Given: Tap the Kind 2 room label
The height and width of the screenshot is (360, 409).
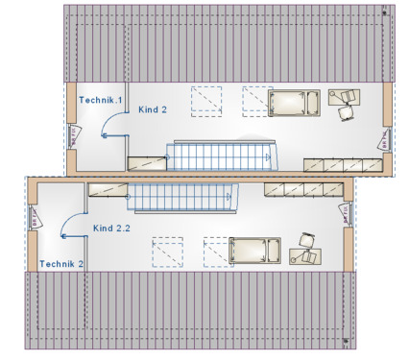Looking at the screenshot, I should click(153, 109).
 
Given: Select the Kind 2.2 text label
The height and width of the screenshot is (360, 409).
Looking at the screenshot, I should click(111, 228).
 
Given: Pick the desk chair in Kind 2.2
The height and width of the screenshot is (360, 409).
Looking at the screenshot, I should click(306, 240).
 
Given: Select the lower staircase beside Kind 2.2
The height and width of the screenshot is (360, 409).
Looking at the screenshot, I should click(182, 199).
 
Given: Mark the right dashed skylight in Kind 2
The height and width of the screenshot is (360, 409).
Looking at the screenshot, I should click(255, 100).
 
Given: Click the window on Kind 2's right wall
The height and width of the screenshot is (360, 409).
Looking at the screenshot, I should click(387, 138).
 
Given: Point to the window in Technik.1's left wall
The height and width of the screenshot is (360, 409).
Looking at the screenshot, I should click(73, 137).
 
